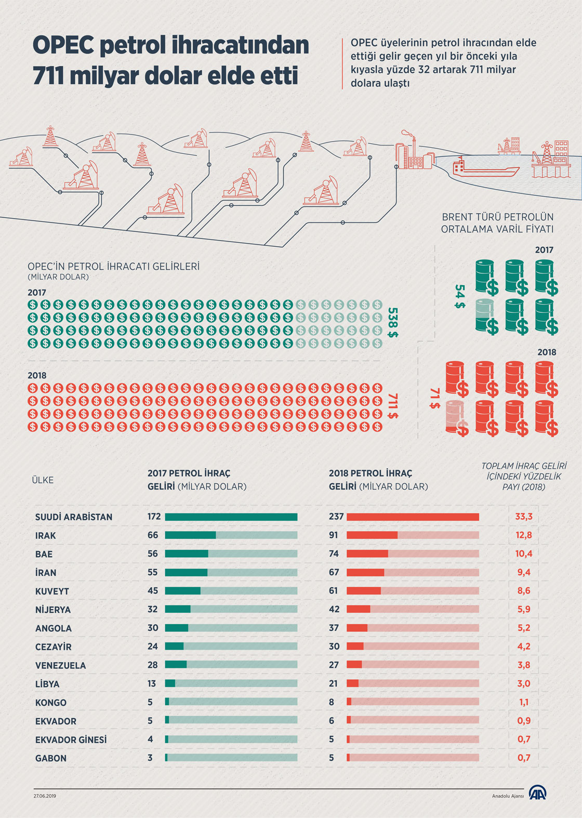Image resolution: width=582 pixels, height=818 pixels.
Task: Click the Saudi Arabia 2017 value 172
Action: pyautogui.click(x=154, y=517)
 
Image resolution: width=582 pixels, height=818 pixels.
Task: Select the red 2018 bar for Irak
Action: pyautogui.click(x=372, y=535)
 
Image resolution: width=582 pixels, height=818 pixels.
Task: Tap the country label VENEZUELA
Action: pyautogui.click(x=60, y=666)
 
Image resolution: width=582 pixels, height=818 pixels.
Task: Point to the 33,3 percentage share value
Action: pyautogui.click(x=524, y=517)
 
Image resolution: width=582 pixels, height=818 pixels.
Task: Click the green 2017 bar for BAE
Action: pyautogui.click(x=186, y=554)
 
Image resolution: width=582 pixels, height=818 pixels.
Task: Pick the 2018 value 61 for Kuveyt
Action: pyautogui.click(x=334, y=591)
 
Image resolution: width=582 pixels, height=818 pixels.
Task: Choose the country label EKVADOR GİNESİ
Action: pyautogui.click(x=71, y=740)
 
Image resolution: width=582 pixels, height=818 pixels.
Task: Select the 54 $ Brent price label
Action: pyautogui.click(x=459, y=296)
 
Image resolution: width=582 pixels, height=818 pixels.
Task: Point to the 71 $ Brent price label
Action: pyautogui.click(x=434, y=398)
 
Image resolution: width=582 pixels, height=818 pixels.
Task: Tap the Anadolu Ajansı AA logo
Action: pyautogui.click(x=537, y=794)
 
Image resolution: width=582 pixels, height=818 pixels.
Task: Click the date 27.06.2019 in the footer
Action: pyautogui.click(x=45, y=796)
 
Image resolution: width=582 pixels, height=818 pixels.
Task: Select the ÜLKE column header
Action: pyautogui.click(x=43, y=480)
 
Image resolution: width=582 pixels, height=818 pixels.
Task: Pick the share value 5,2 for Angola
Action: pyautogui.click(x=524, y=628)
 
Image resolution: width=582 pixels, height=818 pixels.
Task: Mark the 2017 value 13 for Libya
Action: pyautogui.click(x=152, y=683)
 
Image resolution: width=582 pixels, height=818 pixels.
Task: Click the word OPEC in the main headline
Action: pyautogui.click(x=63, y=46)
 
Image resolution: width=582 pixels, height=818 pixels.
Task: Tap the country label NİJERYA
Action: pyautogui.click(x=53, y=610)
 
